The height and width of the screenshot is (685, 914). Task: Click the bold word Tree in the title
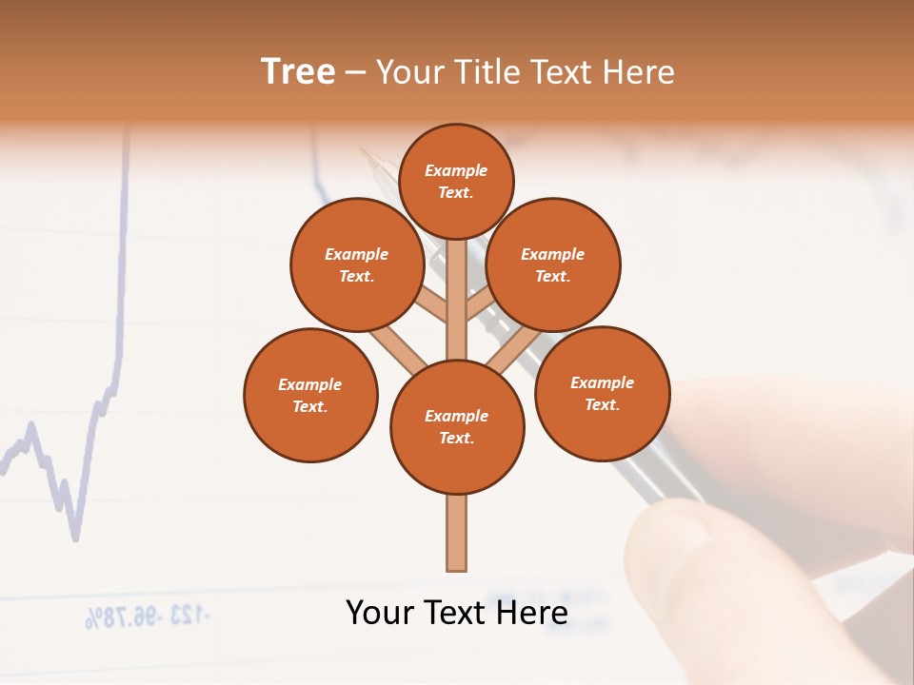[298, 72]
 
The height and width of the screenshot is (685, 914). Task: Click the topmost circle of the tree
[456, 181]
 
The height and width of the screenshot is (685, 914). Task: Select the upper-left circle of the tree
[357, 264]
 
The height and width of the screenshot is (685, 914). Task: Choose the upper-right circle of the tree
[553, 264]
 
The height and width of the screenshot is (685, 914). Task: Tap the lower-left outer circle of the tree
[310, 395]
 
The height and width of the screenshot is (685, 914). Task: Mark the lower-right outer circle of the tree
[602, 393]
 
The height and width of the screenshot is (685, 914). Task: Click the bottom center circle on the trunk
[457, 426]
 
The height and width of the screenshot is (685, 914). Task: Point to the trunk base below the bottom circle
[457, 533]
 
